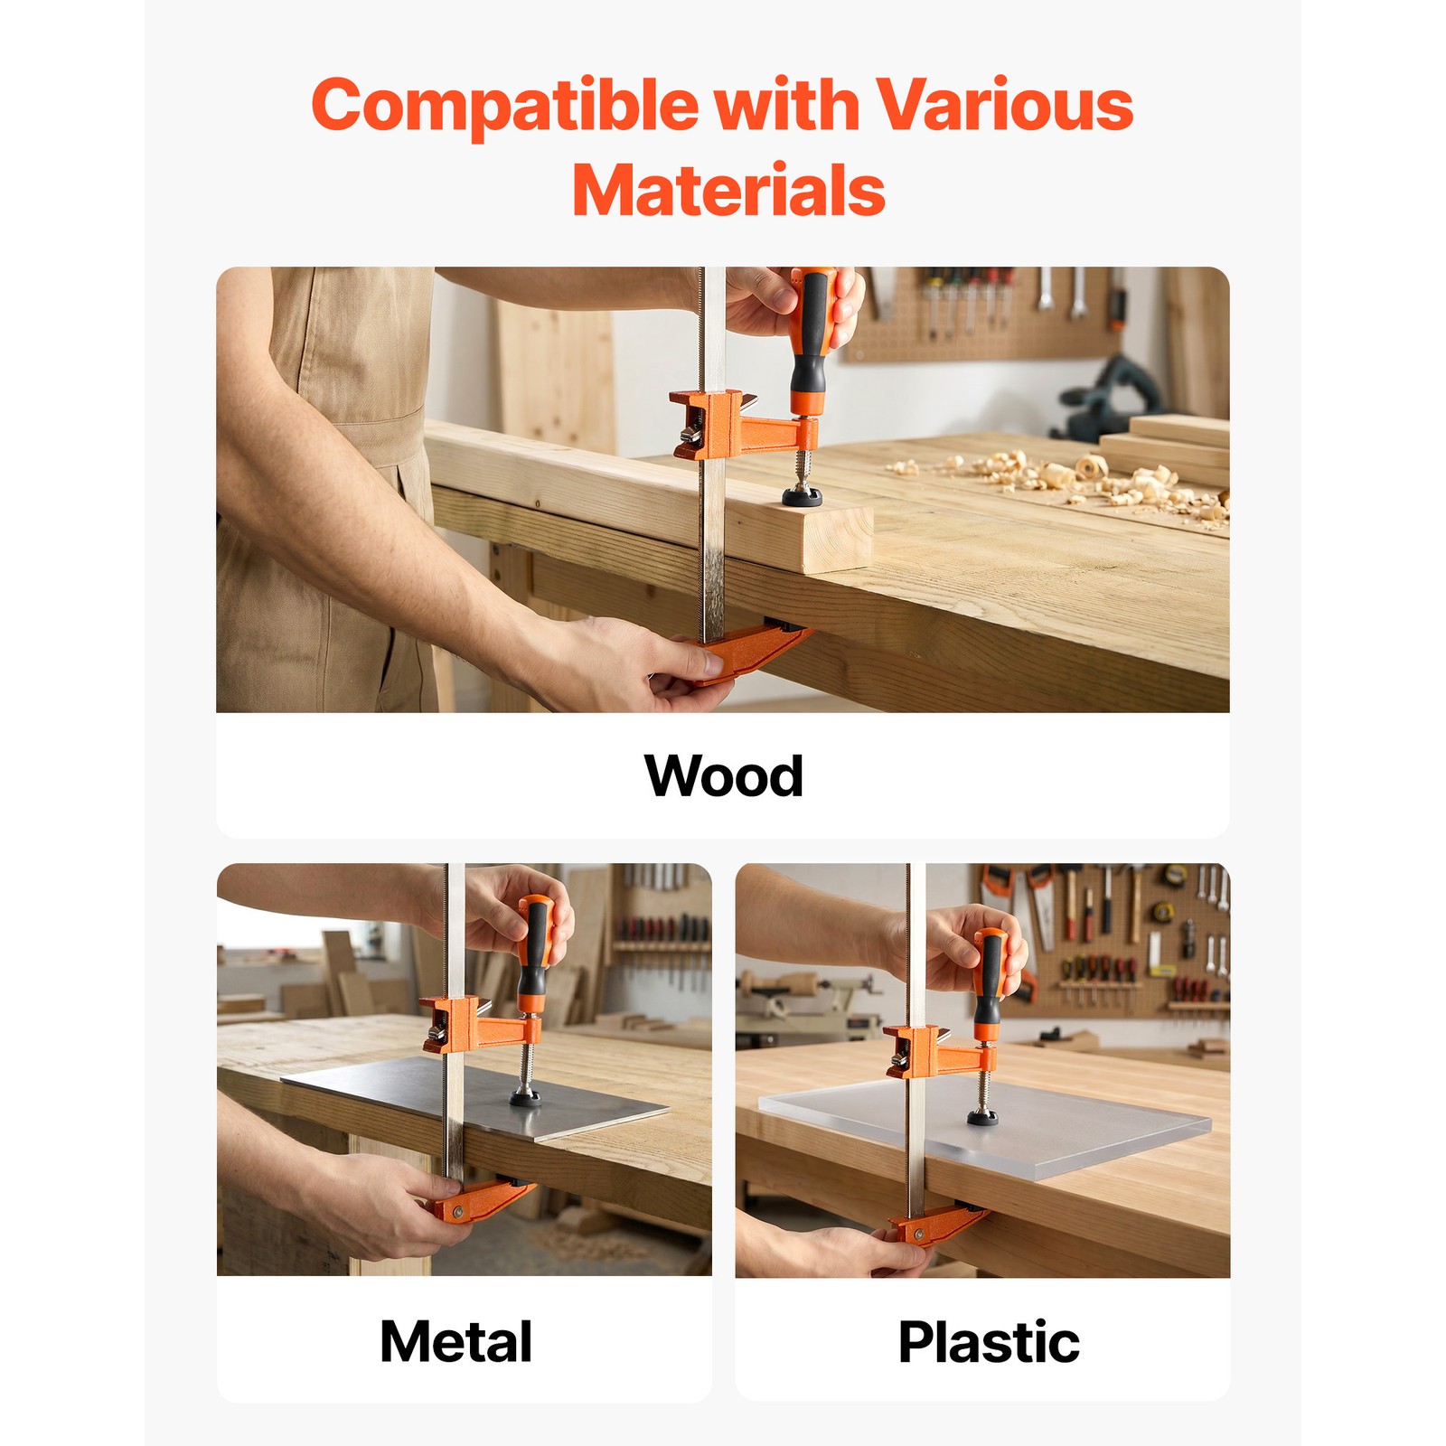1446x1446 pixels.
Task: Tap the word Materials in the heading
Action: coord(728,191)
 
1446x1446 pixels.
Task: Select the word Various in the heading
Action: coord(1003,104)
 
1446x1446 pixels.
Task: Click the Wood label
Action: coord(723,776)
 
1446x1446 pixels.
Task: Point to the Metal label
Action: coord(456,1341)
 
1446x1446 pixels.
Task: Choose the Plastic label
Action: coord(989,1341)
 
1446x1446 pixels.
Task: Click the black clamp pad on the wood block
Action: coord(803,494)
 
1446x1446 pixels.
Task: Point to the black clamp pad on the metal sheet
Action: coord(526,1097)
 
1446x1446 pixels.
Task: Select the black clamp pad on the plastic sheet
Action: coord(983,1118)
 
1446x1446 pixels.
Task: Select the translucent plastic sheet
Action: coord(985,1130)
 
